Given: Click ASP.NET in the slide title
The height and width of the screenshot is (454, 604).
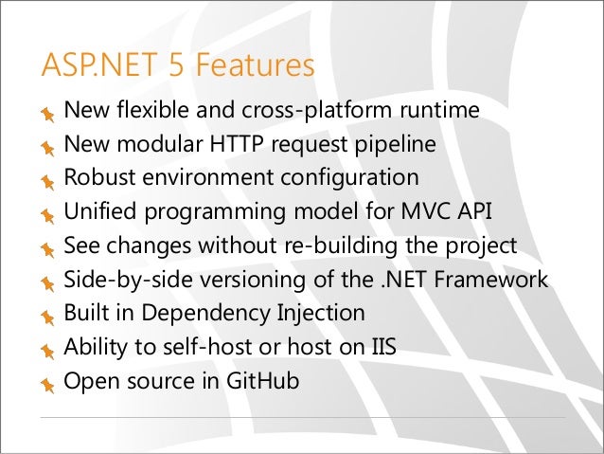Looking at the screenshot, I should [x=90, y=67].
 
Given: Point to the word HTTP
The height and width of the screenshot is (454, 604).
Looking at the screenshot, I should [x=227, y=145].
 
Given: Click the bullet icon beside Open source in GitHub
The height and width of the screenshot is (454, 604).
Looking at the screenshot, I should [x=47, y=385].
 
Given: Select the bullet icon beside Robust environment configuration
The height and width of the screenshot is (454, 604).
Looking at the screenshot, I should [x=47, y=181].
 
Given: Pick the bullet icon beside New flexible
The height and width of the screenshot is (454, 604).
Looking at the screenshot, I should [x=47, y=114].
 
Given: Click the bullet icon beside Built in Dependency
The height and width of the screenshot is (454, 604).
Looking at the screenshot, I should [x=47, y=317].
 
